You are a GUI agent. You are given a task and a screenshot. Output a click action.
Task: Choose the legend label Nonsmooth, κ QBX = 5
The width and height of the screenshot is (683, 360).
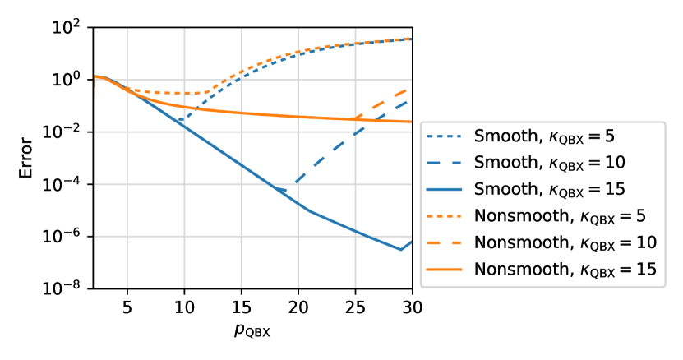click(559, 216)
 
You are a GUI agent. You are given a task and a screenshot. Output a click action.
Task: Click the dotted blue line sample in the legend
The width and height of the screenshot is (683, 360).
click(445, 136)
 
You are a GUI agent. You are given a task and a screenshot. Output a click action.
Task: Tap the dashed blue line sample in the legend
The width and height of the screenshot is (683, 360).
click(445, 162)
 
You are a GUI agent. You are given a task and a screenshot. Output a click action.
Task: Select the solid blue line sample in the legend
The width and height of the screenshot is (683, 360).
click(445, 189)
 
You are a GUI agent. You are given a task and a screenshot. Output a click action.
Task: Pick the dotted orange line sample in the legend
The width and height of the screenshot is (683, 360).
click(445, 216)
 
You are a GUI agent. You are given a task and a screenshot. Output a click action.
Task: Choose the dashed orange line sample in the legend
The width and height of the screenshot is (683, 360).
click(445, 242)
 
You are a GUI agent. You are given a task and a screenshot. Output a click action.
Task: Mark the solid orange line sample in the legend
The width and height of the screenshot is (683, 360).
click(445, 270)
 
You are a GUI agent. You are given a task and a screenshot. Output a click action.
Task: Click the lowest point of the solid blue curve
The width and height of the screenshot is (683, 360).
click(400, 249)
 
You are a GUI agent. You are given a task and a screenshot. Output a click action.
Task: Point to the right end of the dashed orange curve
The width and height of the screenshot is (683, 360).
click(411, 87)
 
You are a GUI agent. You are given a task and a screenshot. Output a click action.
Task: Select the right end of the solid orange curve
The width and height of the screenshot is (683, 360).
click(411, 122)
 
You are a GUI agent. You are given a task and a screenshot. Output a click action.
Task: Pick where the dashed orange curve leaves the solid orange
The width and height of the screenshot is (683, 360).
click(352, 118)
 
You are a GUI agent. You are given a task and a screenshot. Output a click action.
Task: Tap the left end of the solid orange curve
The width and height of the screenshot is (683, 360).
click(95, 76)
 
